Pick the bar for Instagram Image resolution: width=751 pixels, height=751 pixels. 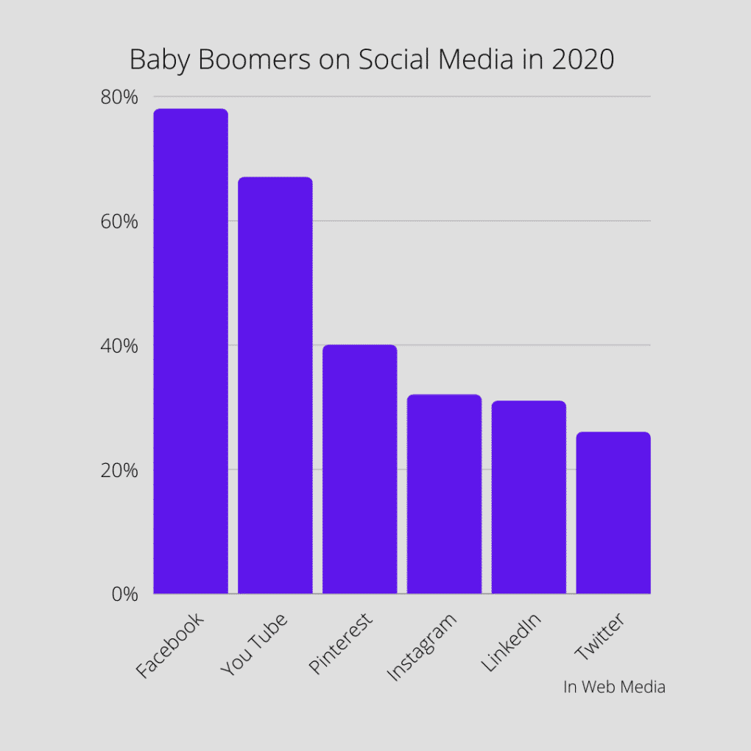pyautogui.click(x=444, y=494)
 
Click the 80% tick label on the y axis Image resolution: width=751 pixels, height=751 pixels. pyautogui.click(x=120, y=97)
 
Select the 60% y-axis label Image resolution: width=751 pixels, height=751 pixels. pyautogui.click(x=120, y=221)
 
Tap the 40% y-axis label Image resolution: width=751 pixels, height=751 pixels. pyautogui.click(x=120, y=345)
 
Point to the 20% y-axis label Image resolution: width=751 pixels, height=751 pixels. pyautogui.click(x=120, y=470)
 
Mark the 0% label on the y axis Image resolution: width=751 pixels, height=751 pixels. pyautogui.click(x=124, y=594)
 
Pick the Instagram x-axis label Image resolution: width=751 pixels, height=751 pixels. pyautogui.click(x=422, y=646)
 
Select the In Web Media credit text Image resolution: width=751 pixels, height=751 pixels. pyautogui.click(x=614, y=687)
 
